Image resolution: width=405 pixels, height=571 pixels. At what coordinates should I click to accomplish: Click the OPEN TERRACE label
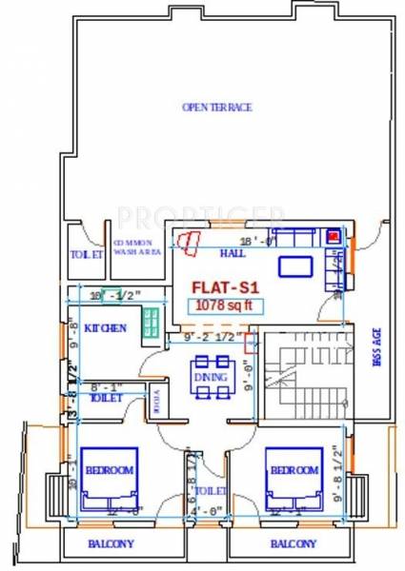click(x=216, y=108)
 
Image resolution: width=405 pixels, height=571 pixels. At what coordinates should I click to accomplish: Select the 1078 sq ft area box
click(x=223, y=305)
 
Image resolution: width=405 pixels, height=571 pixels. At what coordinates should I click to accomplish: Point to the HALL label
click(x=233, y=253)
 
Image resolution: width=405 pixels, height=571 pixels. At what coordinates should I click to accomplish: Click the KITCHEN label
click(x=105, y=327)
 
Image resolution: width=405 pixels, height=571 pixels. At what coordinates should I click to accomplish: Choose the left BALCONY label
click(x=111, y=544)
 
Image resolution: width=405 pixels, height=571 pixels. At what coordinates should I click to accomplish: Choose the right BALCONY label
click(x=294, y=544)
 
